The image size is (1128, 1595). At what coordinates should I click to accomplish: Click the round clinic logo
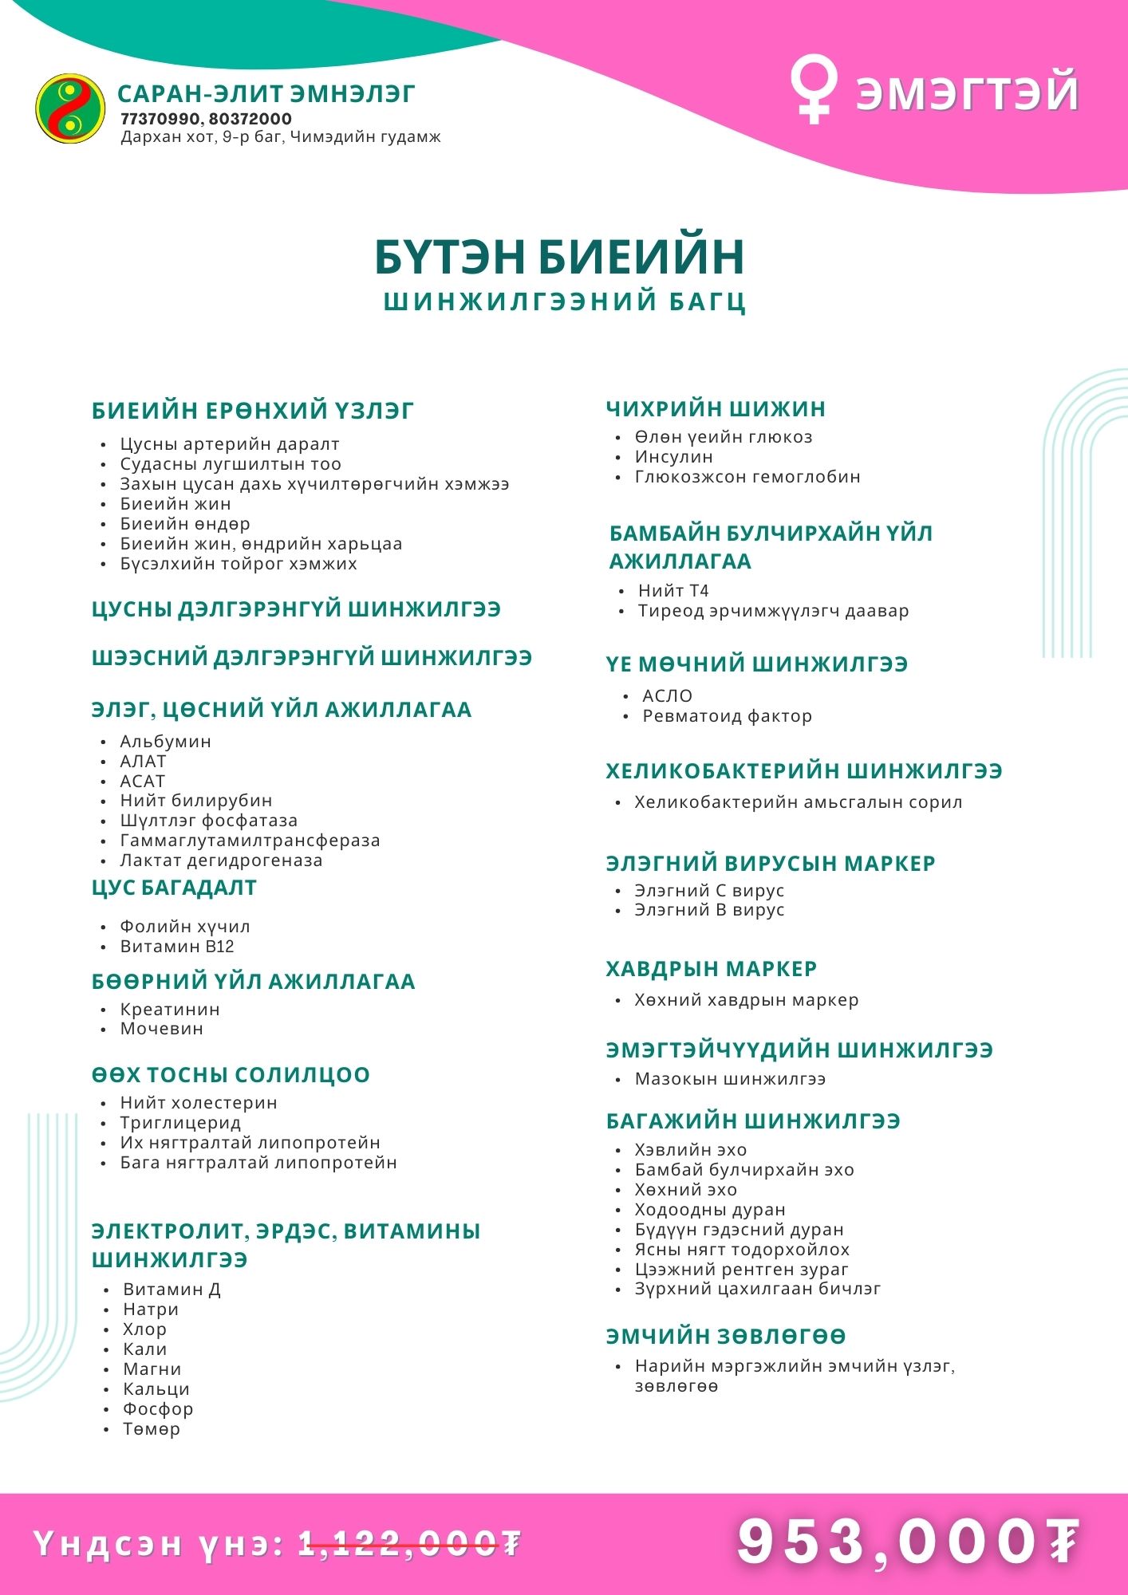pyautogui.click(x=70, y=108)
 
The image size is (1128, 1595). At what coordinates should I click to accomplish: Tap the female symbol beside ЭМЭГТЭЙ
pyautogui.click(x=813, y=91)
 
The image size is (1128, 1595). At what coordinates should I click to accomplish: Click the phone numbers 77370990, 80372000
pyautogui.click(x=206, y=119)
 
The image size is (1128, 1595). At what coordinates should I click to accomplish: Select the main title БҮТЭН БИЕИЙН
pyautogui.click(x=560, y=256)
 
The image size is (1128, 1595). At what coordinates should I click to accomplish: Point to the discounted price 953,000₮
pyautogui.click(x=908, y=1541)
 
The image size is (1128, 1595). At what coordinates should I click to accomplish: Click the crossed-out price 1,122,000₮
pyautogui.click(x=409, y=1544)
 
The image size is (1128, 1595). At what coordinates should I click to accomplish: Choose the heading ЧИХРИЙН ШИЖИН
pyautogui.click(x=716, y=409)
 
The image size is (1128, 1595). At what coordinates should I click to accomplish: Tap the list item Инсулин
pyautogui.click(x=673, y=457)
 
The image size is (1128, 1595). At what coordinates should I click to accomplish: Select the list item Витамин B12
pyautogui.click(x=177, y=947)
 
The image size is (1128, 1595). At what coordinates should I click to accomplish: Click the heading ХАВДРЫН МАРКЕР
pyautogui.click(x=712, y=969)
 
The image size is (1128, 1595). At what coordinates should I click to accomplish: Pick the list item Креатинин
pyautogui.click(x=170, y=1009)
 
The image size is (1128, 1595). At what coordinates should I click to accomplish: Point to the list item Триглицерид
pyautogui.click(x=180, y=1123)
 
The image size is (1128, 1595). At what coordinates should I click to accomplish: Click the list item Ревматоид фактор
pyautogui.click(x=727, y=716)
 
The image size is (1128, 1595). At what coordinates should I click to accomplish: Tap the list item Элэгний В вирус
pyautogui.click(x=709, y=910)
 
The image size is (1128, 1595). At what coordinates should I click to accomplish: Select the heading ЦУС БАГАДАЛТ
pyautogui.click(x=174, y=888)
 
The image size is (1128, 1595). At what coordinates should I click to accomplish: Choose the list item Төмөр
pyautogui.click(x=152, y=1429)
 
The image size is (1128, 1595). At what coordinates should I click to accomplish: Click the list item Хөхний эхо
pyautogui.click(x=685, y=1190)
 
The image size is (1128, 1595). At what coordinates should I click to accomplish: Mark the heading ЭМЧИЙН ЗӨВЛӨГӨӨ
pyautogui.click(x=726, y=1336)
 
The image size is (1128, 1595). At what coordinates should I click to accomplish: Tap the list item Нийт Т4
pyautogui.click(x=673, y=591)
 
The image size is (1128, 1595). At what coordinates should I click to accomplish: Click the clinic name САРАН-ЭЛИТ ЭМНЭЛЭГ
pyautogui.click(x=266, y=94)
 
